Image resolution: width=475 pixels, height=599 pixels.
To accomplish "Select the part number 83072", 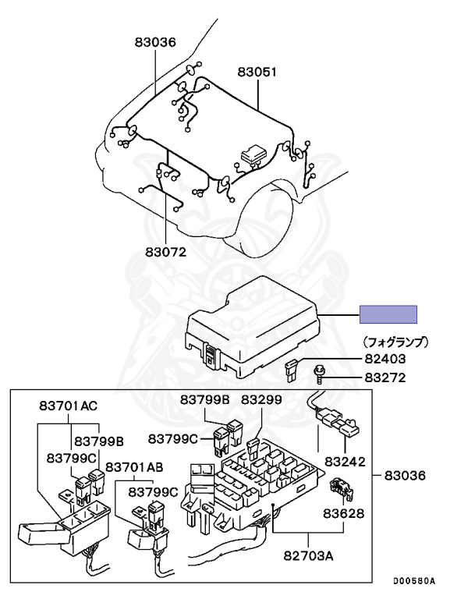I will [165, 252].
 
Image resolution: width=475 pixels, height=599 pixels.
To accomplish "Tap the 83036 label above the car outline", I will [154, 43].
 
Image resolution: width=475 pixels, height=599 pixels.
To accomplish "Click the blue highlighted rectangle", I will [388, 314].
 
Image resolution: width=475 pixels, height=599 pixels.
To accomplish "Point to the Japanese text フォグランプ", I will [397, 342].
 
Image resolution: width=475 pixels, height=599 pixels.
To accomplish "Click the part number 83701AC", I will [69, 406].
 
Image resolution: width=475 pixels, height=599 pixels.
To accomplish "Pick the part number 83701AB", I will [134, 467].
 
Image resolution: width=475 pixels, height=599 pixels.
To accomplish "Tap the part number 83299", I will [261, 399].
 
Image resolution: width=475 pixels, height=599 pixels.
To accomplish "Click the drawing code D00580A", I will [413, 581].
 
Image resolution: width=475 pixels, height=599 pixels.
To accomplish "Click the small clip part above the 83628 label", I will [340, 487].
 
